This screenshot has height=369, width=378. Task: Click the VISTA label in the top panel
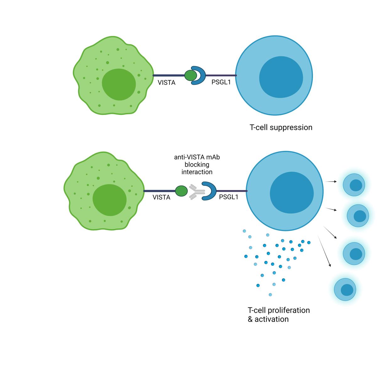click(166, 83)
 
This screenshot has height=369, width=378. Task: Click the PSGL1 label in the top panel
click(221, 82)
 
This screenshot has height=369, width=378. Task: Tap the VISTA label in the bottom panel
click(161, 197)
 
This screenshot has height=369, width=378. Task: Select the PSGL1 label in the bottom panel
click(229, 197)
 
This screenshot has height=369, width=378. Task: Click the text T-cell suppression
click(281, 127)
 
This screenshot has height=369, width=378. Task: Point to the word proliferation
click(292, 310)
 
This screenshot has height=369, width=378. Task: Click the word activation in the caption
click(272, 319)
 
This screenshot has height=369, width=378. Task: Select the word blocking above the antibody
click(197, 164)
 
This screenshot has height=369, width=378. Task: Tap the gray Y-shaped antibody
click(197, 192)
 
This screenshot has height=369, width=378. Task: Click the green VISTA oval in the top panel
click(191, 76)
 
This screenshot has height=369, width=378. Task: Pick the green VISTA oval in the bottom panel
click(181, 191)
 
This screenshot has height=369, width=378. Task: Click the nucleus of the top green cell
click(119, 84)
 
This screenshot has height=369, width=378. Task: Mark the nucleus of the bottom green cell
click(109, 200)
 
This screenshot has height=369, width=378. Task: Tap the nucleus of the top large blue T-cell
click(281, 77)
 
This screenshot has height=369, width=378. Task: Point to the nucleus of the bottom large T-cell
click(292, 193)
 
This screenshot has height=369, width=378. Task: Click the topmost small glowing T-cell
click(354, 185)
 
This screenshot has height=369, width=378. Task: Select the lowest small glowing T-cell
click(345, 289)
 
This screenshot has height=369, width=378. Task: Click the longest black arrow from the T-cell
click(324, 251)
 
